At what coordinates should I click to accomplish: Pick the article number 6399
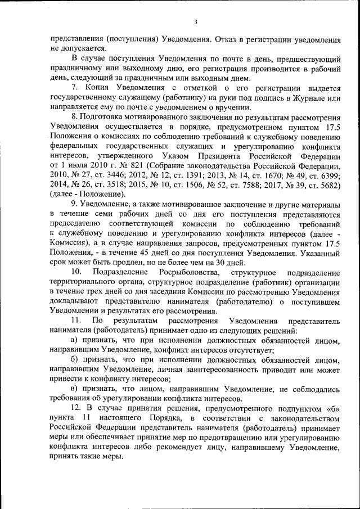click(326, 175)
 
